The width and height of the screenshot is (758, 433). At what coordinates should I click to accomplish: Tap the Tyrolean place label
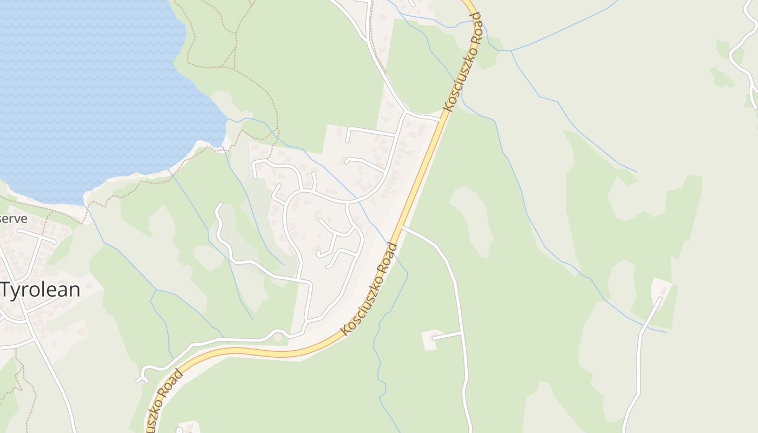tap(41, 290)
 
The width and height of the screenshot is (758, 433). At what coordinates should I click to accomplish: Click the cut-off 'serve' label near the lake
tap(14, 219)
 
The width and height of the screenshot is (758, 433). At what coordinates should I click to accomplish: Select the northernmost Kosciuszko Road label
tap(462, 62)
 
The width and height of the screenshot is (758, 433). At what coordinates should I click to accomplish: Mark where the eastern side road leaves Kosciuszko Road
tap(403, 228)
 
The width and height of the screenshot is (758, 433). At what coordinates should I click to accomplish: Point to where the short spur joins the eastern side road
tap(461, 332)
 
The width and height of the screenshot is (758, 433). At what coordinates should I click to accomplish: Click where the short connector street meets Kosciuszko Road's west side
tap(439, 119)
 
